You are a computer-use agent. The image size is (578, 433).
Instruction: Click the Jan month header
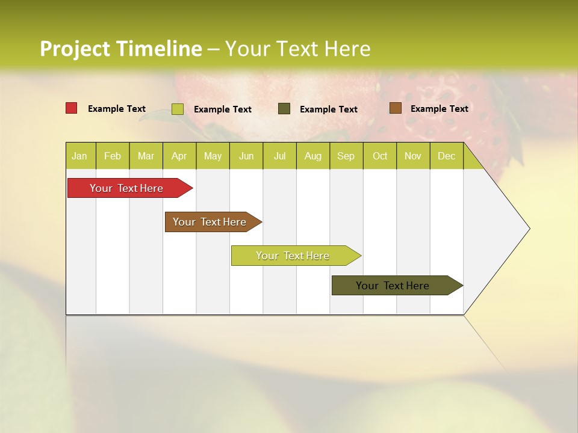[80, 156]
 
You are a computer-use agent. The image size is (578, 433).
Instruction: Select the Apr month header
[179, 156]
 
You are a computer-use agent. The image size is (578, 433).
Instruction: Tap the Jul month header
[280, 156]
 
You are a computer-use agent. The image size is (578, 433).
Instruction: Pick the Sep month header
[346, 156]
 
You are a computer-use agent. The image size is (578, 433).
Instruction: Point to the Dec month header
[447, 156]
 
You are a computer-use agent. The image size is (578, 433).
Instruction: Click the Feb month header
[113, 156]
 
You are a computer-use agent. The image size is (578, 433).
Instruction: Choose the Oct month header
[380, 156]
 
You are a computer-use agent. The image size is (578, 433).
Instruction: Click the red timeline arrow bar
[127, 188]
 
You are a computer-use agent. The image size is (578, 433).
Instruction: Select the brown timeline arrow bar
[210, 222]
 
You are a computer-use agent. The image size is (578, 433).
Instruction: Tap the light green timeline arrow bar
[293, 256]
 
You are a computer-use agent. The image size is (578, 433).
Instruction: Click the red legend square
[72, 108]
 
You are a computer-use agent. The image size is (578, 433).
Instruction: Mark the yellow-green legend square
[178, 109]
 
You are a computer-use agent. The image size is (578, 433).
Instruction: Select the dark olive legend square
[284, 108]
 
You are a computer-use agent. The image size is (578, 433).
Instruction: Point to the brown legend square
[395, 108]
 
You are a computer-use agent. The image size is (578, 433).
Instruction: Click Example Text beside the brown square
[440, 109]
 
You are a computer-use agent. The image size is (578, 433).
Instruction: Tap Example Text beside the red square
[117, 109]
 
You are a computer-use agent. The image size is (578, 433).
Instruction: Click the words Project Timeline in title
[120, 49]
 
